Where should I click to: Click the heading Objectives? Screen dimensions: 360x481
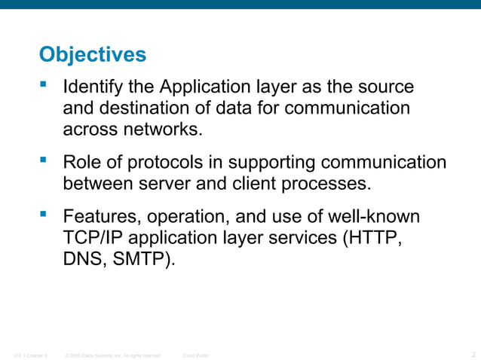click(92, 55)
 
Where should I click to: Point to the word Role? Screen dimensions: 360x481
click(81, 163)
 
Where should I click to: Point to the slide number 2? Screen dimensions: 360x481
click(473, 353)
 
